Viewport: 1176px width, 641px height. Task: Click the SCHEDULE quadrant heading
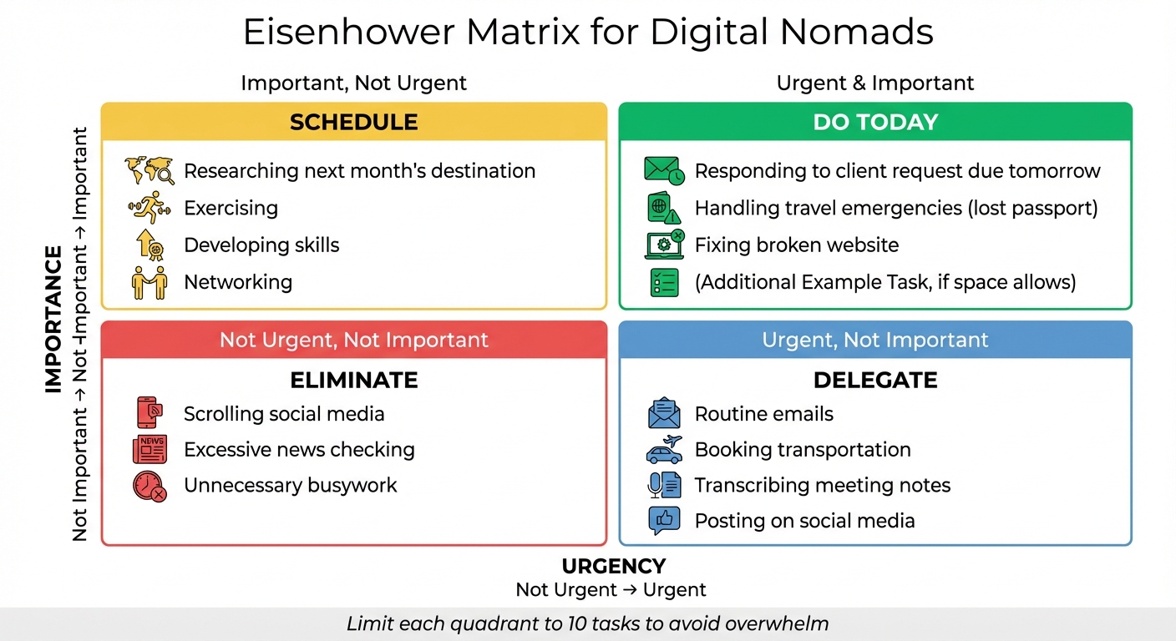point(353,123)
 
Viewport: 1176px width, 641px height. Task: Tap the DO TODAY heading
point(875,123)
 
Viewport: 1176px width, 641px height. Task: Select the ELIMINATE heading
point(353,381)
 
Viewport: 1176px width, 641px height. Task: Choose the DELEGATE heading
point(875,381)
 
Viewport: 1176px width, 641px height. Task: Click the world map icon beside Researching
point(150,171)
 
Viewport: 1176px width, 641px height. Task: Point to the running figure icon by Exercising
point(150,208)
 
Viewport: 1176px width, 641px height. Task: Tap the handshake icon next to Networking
point(150,282)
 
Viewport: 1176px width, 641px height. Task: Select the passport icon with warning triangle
point(664,208)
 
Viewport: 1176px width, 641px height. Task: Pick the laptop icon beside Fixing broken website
point(664,245)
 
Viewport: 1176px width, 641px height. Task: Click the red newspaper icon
point(150,449)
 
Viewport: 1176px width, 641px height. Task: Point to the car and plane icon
point(664,449)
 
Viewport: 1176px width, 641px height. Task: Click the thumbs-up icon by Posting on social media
point(664,521)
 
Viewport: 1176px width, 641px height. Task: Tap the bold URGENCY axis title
point(613,567)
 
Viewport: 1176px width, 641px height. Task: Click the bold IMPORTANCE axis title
point(53,319)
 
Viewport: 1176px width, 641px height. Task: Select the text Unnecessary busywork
point(290,485)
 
